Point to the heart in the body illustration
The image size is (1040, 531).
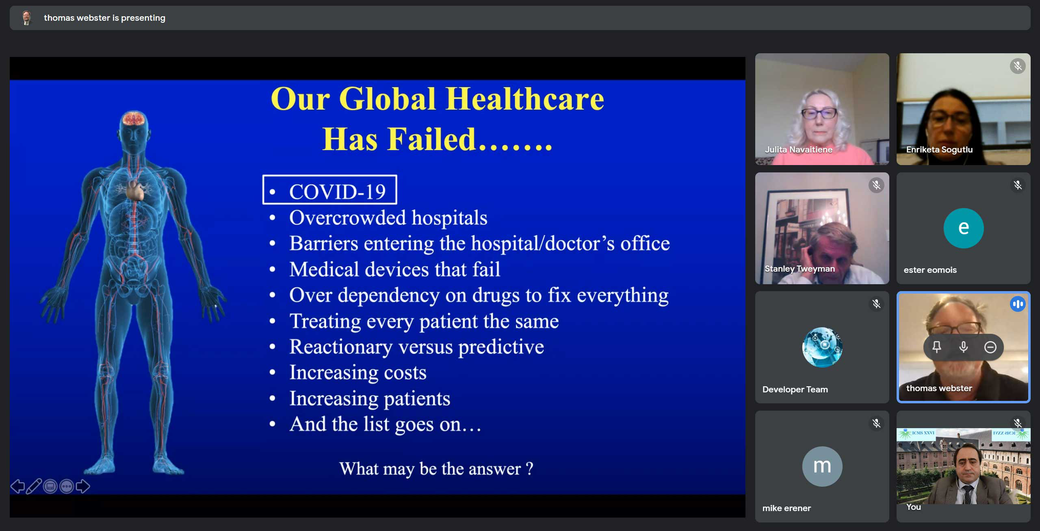tap(136, 190)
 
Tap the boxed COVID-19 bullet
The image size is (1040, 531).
tap(329, 189)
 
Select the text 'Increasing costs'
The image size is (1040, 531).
tap(358, 372)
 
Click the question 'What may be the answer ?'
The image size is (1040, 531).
tap(436, 469)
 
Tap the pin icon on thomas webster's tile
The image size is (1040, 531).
tap(937, 347)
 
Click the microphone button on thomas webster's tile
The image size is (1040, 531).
tap(964, 347)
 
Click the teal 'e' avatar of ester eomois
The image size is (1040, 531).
tap(964, 228)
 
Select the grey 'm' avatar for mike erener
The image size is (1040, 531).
tap(822, 466)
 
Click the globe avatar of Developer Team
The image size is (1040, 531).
tap(822, 347)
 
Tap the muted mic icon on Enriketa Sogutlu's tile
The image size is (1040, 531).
tap(1018, 66)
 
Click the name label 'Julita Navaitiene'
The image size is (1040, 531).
tap(799, 150)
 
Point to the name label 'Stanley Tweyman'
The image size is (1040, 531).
tap(799, 269)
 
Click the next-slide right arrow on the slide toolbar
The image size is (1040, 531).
tap(83, 486)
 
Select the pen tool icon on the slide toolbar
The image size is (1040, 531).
tap(34, 486)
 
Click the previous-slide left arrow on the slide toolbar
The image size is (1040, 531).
tap(17, 486)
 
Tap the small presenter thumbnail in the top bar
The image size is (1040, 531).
tap(27, 18)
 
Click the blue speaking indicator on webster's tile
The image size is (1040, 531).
tap(1018, 304)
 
